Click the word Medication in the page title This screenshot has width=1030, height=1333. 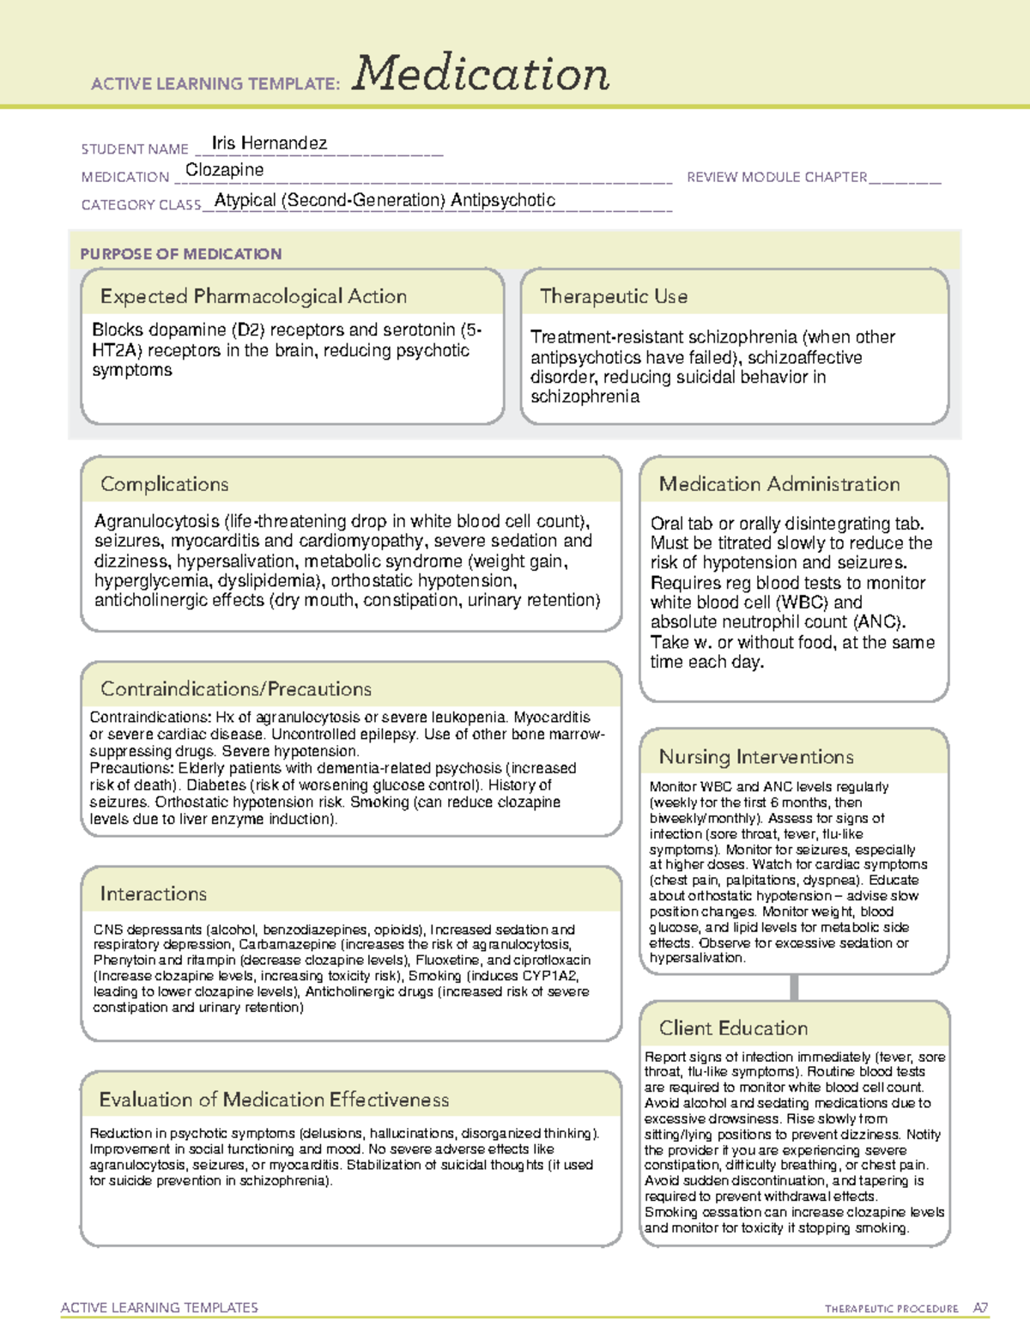pos(481,74)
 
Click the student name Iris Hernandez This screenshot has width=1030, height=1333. pos(269,143)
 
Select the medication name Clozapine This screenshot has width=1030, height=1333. pos(224,170)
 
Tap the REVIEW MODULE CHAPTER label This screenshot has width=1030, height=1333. pos(777,177)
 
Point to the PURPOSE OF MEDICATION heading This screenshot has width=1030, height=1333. pos(180,254)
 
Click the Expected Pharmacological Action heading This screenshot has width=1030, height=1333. pos(253,296)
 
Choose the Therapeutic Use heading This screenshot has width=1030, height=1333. pos(613,296)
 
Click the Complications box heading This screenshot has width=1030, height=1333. pos(164,484)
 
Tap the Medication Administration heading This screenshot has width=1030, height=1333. pos(779,484)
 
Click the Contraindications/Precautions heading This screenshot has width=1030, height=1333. pos(235,688)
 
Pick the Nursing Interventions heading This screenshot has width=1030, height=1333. pos(755,756)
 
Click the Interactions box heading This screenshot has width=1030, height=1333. pos(153,894)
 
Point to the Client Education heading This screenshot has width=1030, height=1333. pos(733,1027)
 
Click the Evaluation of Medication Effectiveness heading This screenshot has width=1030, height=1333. pos(273,1100)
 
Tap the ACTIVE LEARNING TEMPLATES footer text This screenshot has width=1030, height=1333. pos(159,1307)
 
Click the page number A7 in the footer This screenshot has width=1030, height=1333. pos(980,1308)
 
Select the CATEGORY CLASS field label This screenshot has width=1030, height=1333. pos(141,205)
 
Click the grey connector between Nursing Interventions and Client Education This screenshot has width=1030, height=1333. pos(794,987)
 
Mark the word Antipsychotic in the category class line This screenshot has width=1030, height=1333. pos(503,200)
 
